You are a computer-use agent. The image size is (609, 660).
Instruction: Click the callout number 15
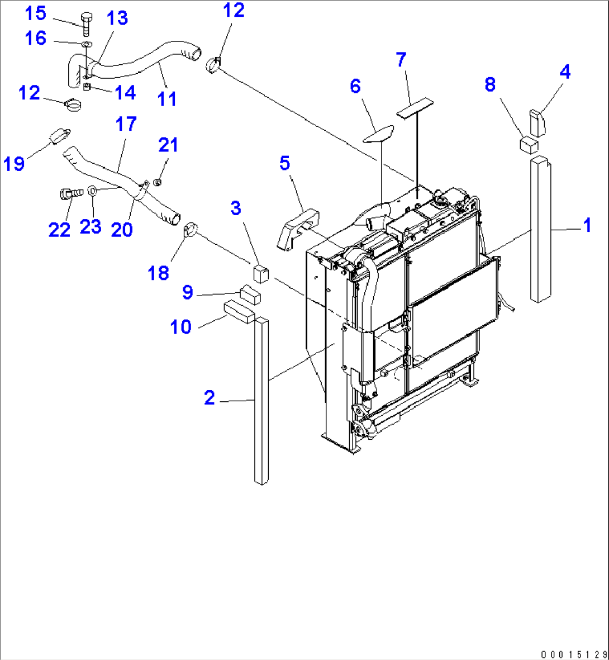[35, 14]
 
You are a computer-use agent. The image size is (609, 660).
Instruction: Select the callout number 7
[401, 60]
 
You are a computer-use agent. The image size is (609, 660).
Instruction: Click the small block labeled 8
[529, 144]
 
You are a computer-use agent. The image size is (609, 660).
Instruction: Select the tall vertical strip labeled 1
[540, 229]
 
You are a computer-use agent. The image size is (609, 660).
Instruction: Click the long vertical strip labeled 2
[261, 400]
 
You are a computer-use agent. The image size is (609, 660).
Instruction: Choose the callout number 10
[180, 327]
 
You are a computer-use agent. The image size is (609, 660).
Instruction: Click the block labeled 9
[250, 295]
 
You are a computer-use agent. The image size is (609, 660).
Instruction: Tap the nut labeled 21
[158, 182]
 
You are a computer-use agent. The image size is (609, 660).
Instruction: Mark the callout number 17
[126, 124]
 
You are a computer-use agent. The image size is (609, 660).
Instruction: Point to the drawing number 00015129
[573, 654]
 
